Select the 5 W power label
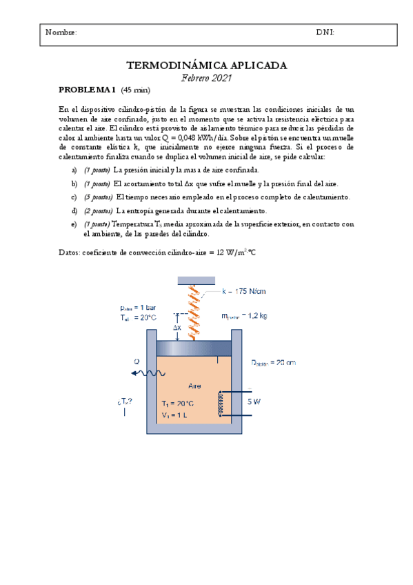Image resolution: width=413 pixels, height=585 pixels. (254, 400)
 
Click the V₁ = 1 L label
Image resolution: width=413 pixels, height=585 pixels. (176, 415)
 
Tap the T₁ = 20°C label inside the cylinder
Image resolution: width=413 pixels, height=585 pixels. (178, 403)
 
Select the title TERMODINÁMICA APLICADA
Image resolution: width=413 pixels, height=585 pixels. (206, 66)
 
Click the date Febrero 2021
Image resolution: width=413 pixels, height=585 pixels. (206, 79)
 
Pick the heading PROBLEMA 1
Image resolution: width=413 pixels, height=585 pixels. (88, 90)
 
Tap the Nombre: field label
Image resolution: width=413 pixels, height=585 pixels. (61, 32)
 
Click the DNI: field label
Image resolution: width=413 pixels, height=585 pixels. (325, 32)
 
